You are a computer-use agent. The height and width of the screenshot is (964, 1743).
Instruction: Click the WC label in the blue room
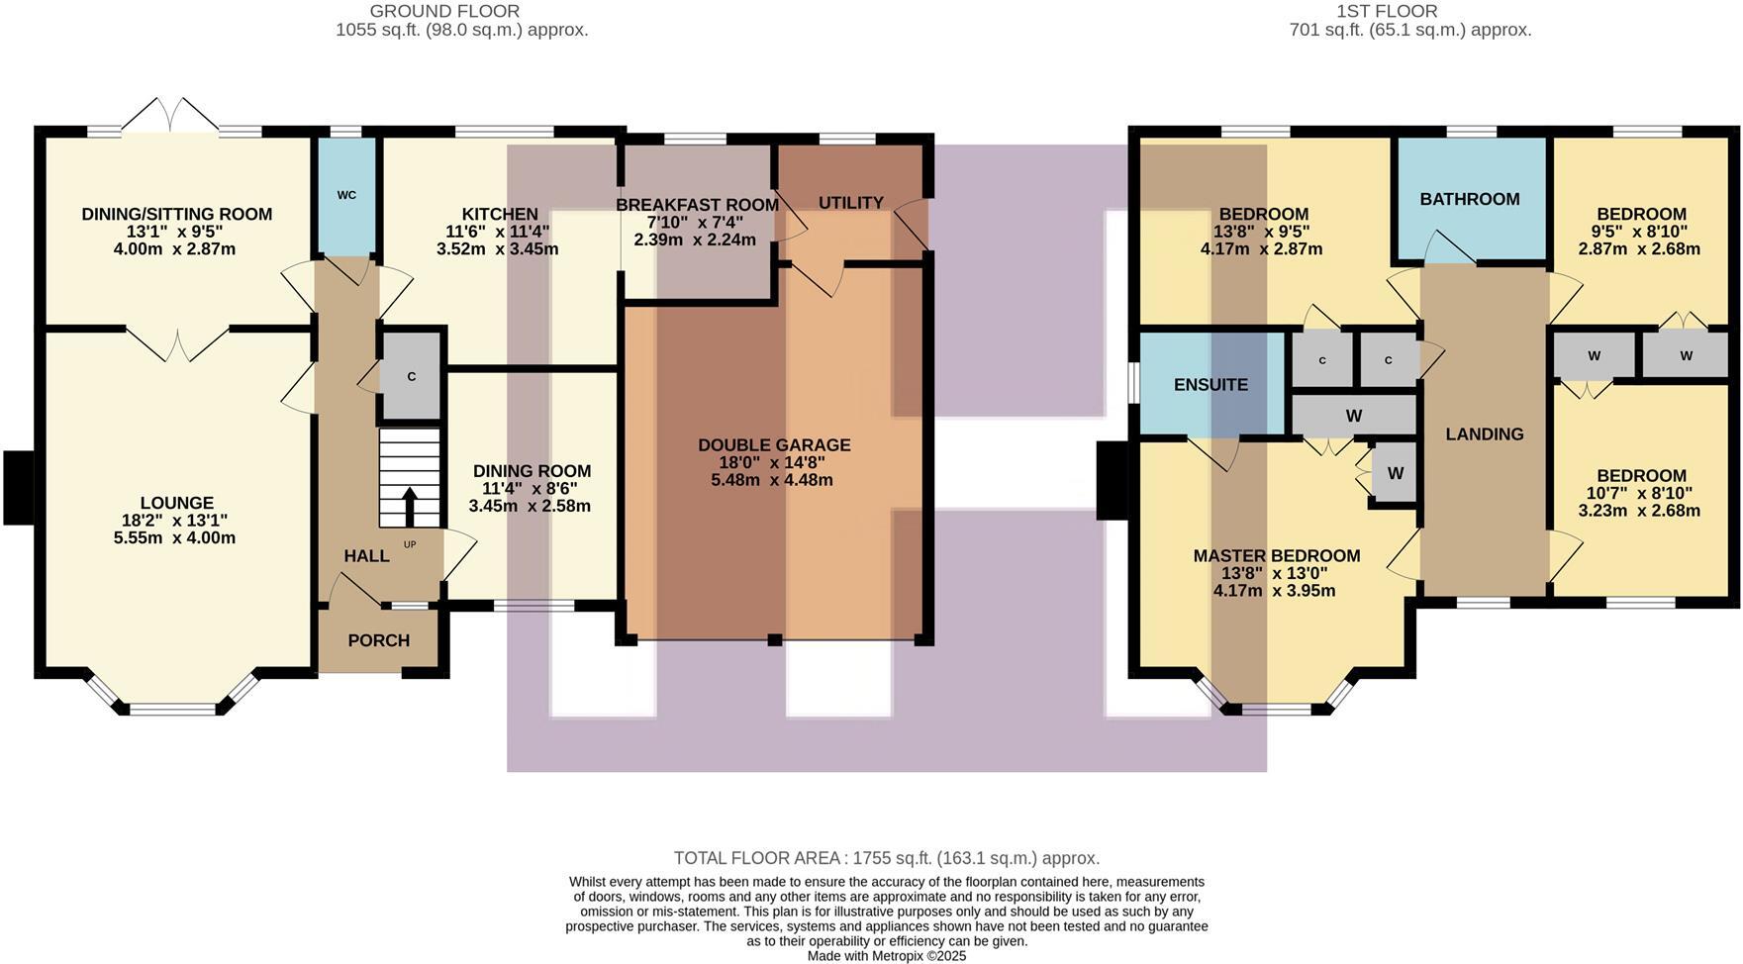coord(346,195)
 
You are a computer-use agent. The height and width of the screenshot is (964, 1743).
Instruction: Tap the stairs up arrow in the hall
coord(409,506)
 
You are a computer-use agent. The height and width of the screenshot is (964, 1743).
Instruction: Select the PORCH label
coord(378,640)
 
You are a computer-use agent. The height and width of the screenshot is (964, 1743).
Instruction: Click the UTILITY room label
coord(850,203)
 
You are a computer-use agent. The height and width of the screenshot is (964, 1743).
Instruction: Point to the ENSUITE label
coord(1210,385)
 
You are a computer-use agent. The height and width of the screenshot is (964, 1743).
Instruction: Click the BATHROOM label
coord(1469,199)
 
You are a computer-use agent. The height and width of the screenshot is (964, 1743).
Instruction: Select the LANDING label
coord(1484,434)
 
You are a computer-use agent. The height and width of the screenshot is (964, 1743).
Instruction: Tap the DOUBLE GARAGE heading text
coord(773,445)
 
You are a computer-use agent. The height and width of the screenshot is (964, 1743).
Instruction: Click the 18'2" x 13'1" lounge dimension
coord(176,521)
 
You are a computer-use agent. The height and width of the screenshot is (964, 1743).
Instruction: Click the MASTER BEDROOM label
coord(1276,556)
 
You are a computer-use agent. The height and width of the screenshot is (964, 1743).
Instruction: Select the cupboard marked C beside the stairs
coord(412,377)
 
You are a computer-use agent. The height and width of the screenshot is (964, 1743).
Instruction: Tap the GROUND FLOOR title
coord(444,12)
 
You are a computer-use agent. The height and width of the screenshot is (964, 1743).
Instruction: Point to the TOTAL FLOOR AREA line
coord(886,858)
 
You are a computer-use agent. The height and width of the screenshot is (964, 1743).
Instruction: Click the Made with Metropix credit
coord(886,956)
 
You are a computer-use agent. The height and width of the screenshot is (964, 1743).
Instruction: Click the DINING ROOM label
coord(532,471)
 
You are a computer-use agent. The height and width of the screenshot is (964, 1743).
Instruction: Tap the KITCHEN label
coord(500,214)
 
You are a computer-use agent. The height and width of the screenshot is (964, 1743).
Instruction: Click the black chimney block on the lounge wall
coord(19,487)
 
